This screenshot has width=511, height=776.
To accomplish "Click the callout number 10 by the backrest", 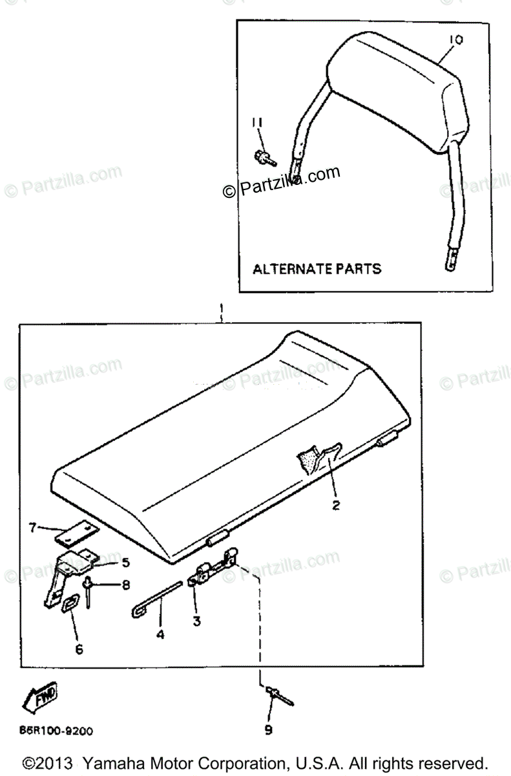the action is coord(455,40).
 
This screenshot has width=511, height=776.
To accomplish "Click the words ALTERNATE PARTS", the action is coord(317,268).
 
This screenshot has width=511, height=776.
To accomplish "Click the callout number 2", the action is coord(335,506).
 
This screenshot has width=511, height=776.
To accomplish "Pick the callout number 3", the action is coord(196,621).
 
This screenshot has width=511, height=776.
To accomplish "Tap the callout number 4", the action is coord(160,635).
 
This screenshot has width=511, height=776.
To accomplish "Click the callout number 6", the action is coord(79,649).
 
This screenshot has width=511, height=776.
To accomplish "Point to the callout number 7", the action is coord(33,528).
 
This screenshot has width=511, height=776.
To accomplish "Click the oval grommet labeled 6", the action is coord(68,605).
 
